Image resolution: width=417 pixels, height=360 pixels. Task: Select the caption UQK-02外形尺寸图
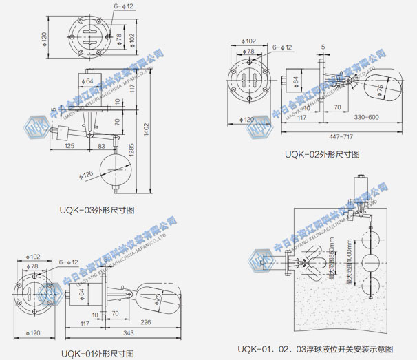point(322,154)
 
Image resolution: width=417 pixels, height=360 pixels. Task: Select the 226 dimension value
point(146,321)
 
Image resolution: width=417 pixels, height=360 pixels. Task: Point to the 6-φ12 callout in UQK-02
point(282,47)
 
